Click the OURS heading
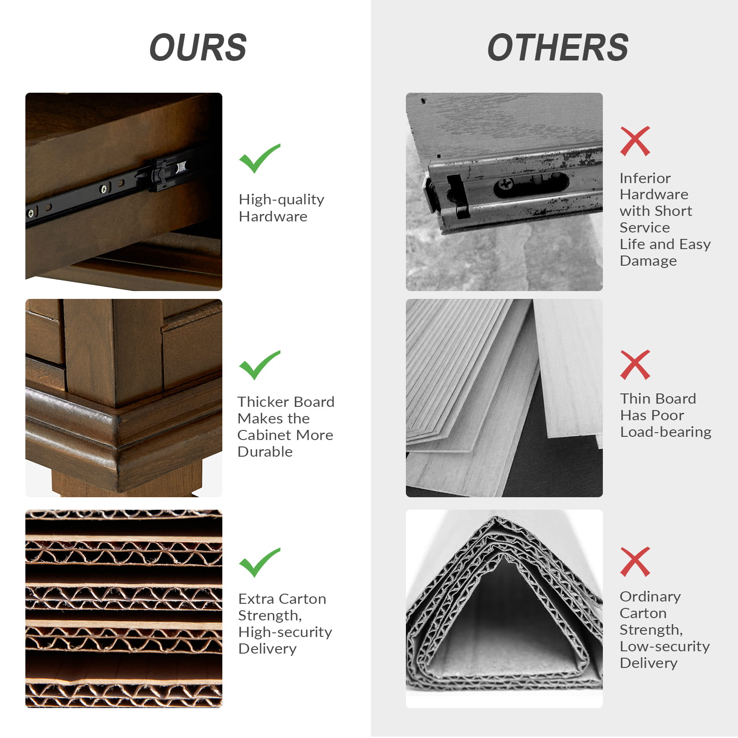[x=198, y=48]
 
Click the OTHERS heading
[x=558, y=48]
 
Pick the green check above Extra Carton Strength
[x=259, y=562]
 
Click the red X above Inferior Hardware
[x=635, y=141]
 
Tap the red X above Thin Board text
[x=635, y=365]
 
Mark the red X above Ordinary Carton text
[x=635, y=562]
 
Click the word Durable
[x=265, y=452]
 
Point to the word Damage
[x=648, y=261]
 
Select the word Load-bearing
[x=666, y=432]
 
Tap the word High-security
[x=285, y=632]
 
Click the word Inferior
[x=645, y=179]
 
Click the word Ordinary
[x=650, y=597]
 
